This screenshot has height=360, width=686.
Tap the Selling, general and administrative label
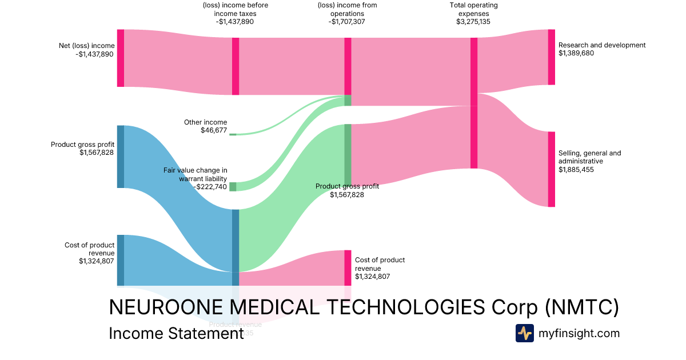(589, 157)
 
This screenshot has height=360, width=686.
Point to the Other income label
(205, 122)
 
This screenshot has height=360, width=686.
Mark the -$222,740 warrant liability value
(210, 187)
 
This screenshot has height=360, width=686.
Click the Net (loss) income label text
(86, 46)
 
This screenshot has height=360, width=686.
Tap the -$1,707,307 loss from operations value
(346, 22)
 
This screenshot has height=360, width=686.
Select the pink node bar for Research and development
(551, 57)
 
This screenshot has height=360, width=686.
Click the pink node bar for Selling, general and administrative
(551, 169)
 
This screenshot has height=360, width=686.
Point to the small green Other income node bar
(233, 134)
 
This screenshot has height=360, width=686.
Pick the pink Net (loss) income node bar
(121, 58)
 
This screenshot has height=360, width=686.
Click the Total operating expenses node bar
(473, 103)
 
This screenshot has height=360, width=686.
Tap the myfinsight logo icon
(524, 333)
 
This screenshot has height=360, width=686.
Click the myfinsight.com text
(579, 333)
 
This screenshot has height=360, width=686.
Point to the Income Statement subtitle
(177, 333)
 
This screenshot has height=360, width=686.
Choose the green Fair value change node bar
(233, 187)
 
